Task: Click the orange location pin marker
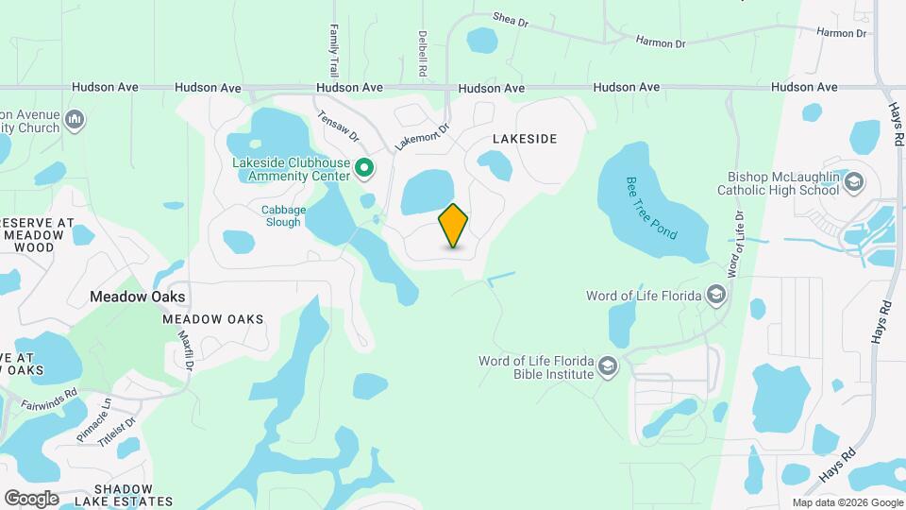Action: (453, 226)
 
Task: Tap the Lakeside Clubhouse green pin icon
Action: (364, 169)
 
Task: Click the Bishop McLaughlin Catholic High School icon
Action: (853, 181)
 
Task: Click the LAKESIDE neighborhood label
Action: (525, 139)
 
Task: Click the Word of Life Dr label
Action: (734, 243)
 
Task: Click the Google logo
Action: (31, 498)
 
